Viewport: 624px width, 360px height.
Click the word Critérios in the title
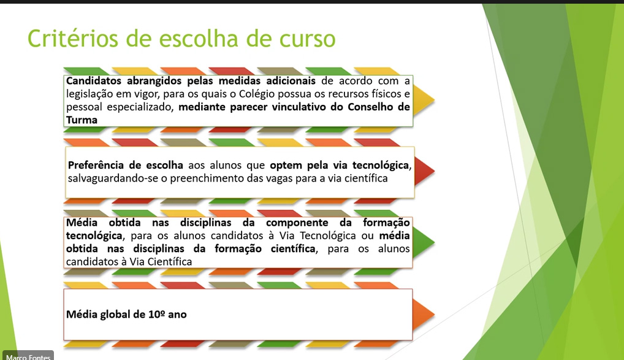click(x=73, y=39)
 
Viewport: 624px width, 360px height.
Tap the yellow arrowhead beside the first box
click(x=424, y=101)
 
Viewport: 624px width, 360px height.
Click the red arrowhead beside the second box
click(x=424, y=171)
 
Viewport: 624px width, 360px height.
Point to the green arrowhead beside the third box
click(x=424, y=242)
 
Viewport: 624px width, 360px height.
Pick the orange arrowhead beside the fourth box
click(x=424, y=315)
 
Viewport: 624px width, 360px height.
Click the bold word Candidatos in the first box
click(x=94, y=81)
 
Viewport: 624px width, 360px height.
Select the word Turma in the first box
click(x=82, y=120)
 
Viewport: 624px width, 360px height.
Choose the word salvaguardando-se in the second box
click(x=113, y=178)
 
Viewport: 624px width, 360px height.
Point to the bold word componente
click(x=297, y=223)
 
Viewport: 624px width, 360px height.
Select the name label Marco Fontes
click(x=28, y=357)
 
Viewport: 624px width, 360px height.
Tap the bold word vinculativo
click(x=299, y=107)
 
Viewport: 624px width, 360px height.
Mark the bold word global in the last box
click(x=116, y=315)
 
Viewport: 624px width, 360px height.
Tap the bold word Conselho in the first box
click(x=371, y=107)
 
